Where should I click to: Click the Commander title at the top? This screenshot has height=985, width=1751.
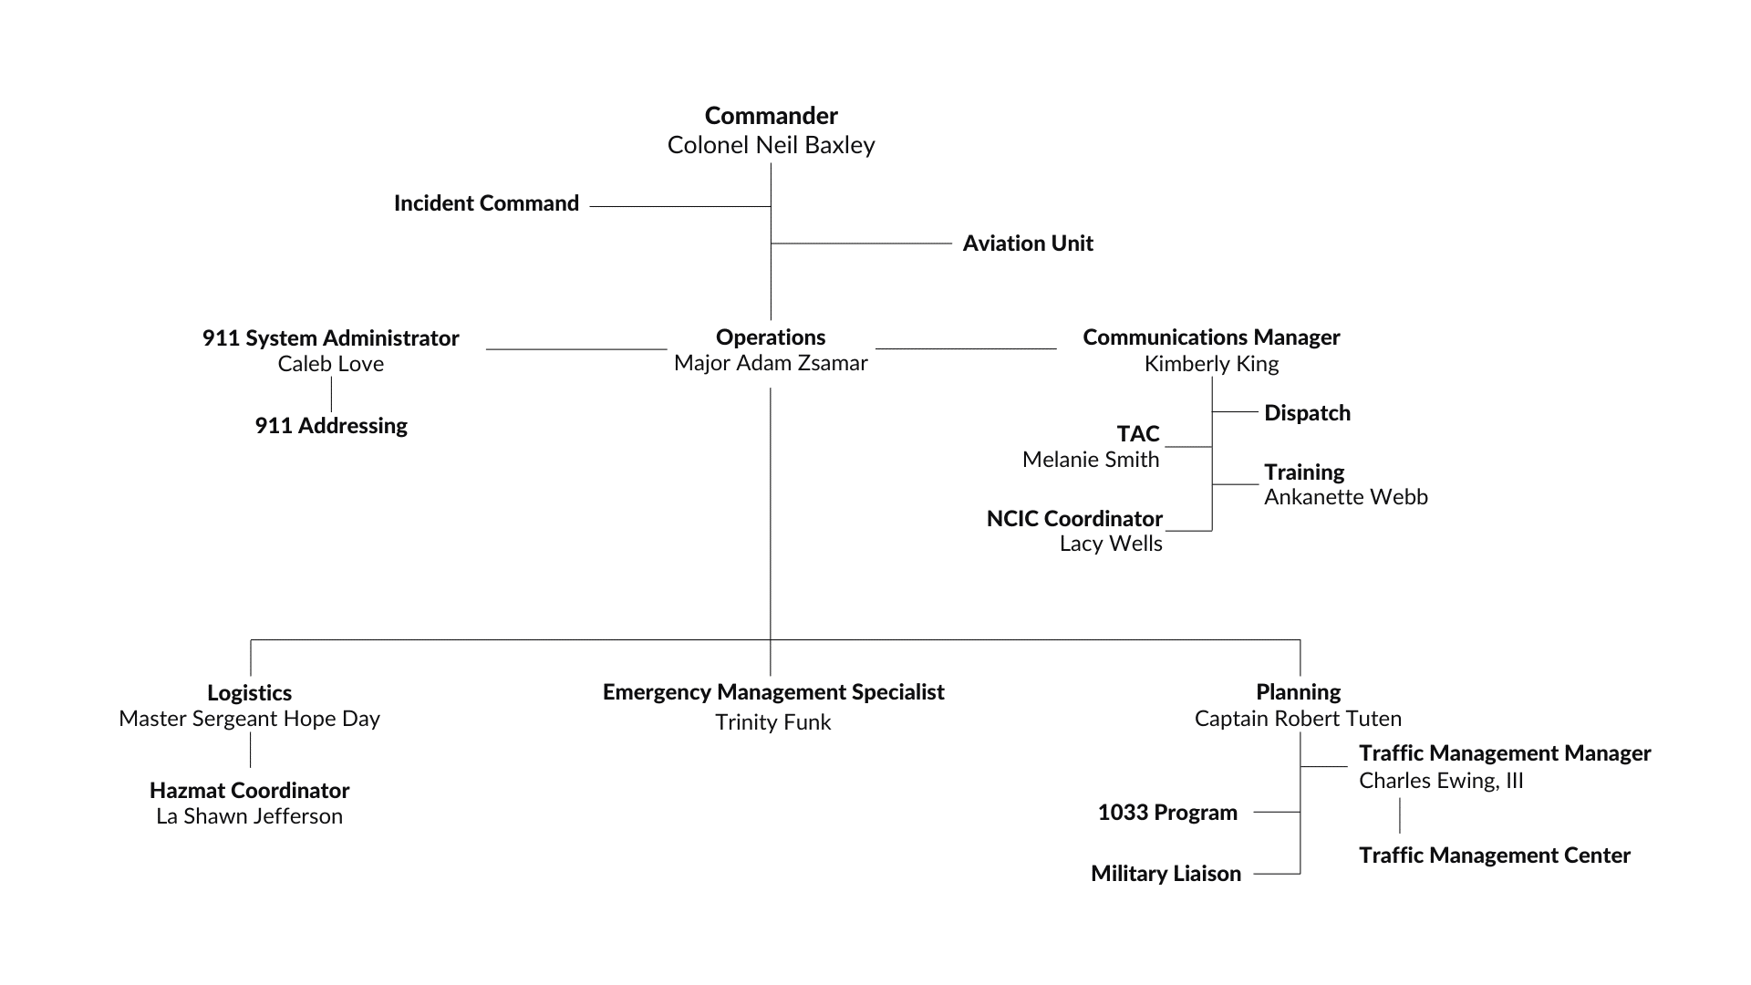click(771, 116)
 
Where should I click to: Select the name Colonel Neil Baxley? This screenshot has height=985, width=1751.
click(771, 145)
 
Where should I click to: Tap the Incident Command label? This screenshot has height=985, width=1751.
click(486, 203)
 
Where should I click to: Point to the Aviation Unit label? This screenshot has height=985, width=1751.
click(1028, 244)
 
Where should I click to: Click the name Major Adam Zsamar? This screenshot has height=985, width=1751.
click(771, 363)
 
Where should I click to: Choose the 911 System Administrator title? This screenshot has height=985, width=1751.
click(330, 338)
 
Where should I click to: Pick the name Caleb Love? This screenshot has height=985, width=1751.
click(330, 364)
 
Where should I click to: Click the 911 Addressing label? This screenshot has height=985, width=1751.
click(330, 426)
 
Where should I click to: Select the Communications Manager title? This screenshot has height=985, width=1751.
click(1211, 337)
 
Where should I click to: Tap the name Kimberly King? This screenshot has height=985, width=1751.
click(1211, 364)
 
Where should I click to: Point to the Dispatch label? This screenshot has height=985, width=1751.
click(1307, 413)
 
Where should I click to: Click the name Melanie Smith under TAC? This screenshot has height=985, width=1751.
click(1090, 460)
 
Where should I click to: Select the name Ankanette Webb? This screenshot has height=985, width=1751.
click(1345, 497)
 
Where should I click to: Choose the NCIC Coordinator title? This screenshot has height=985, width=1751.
click(1074, 519)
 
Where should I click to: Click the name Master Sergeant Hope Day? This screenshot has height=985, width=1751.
click(249, 719)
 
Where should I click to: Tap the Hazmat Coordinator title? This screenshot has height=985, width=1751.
click(249, 791)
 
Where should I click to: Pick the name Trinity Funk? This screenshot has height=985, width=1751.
click(772, 722)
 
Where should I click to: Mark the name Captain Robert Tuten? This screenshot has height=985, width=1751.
click(1298, 719)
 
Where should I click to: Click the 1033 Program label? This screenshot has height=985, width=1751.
click(1167, 813)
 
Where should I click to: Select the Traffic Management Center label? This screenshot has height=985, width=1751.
click(1494, 855)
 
